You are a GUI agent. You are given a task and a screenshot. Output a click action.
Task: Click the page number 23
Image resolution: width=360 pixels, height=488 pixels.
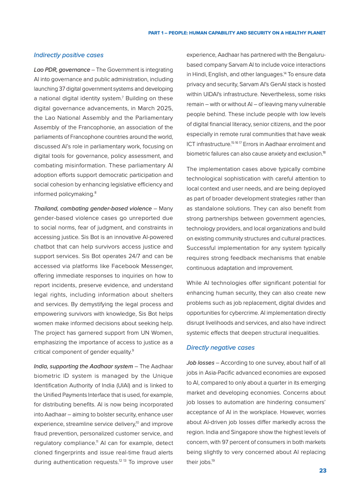(322, 470)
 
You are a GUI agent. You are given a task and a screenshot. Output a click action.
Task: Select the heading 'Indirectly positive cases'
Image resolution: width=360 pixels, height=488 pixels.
(69, 55)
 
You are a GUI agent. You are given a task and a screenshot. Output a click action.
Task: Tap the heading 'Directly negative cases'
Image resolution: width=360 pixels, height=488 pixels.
(221, 347)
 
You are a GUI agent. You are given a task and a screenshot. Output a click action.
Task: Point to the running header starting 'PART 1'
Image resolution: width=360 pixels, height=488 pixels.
(237, 33)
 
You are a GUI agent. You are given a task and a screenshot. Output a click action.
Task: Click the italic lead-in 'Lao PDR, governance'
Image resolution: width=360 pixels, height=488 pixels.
(62, 70)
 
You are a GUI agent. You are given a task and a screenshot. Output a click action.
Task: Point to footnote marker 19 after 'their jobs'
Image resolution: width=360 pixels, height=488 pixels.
(213, 461)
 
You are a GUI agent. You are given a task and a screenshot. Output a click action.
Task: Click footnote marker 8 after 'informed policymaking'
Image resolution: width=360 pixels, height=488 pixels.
(95, 193)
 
